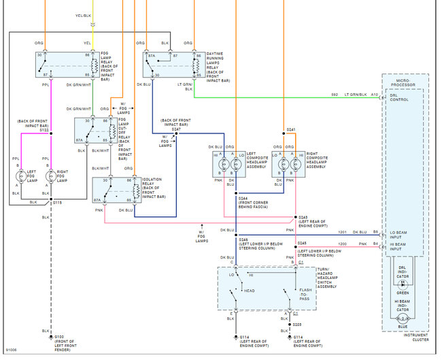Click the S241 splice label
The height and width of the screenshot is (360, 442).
291,129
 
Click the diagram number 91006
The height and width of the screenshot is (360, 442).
11,351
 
